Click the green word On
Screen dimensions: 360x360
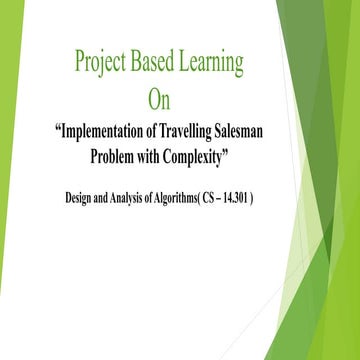click(x=159, y=100)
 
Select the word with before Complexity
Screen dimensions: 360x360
click(x=164, y=155)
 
